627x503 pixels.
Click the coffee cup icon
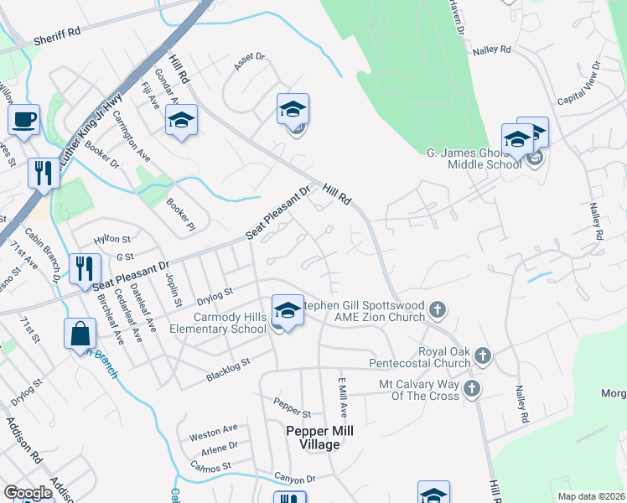(x=23, y=119)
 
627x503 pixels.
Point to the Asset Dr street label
(x=249, y=63)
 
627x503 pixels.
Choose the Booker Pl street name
(x=180, y=215)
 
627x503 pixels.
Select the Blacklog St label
(x=228, y=371)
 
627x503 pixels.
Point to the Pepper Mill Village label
(x=319, y=438)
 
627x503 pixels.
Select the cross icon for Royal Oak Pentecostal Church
(x=482, y=357)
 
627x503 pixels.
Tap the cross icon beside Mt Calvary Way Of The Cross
(x=472, y=388)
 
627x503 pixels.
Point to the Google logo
(x=28, y=493)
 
